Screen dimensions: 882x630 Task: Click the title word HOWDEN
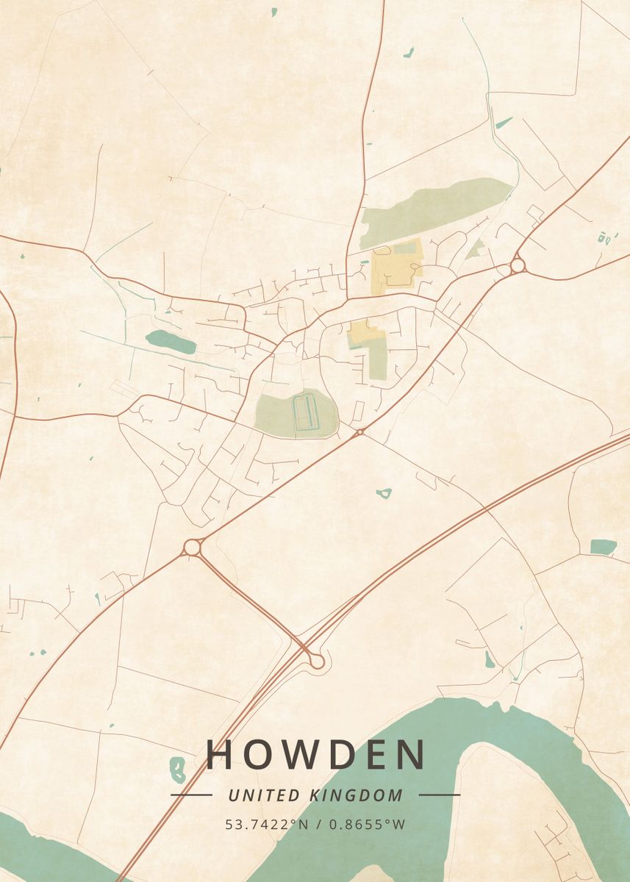[x=316, y=755]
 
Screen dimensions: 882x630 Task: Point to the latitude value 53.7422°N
[x=267, y=825]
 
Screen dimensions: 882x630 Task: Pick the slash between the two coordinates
[x=317, y=825]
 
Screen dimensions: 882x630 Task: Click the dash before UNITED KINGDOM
[x=191, y=795]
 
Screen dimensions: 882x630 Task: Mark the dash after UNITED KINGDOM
[x=440, y=795]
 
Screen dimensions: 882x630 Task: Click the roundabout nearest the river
[x=317, y=661]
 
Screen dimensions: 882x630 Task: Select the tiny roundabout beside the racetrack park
[x=359, y=432]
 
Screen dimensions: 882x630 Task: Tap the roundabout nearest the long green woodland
[x=518, y=265]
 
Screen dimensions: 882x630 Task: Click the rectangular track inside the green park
[x=304, y=412]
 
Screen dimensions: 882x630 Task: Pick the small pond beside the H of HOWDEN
[x=177, y=769]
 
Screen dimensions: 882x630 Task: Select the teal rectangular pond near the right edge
[x=603, y=546]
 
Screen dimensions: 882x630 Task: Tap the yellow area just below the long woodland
[x=397, y=268]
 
